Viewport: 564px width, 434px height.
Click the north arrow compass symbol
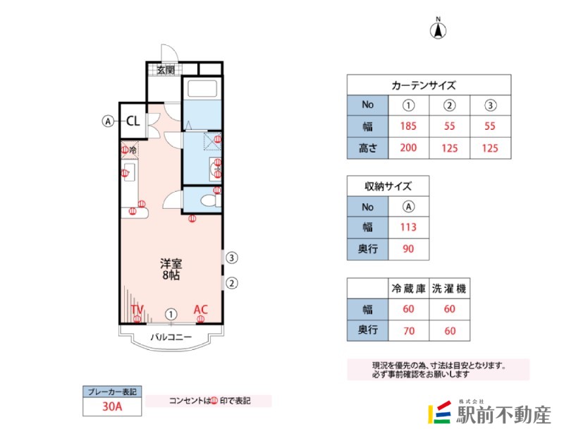tap(438, 29)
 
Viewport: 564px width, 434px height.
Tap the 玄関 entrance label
tap(166, 70)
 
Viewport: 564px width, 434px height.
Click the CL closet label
tap(133, 121)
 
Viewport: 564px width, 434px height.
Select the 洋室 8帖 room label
tap(171, 270)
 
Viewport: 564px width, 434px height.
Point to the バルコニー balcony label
tap(171, 337)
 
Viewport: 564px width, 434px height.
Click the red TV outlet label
tap(137, 309)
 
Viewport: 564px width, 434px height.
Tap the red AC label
tap(201, 309)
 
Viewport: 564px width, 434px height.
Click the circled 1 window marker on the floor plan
tap(171, 315)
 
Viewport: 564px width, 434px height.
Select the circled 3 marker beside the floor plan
tap(232, 258)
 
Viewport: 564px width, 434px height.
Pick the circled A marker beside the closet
tap(108, 121)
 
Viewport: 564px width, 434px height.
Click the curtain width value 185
tap(408, 126)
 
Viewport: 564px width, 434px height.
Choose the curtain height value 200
tap(408, 147)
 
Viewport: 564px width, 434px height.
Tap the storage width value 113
tap(408, 227)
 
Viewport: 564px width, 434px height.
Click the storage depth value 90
tap(408, 249)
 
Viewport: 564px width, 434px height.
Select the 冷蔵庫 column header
tap(408, 289)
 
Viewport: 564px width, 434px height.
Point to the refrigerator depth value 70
tap(409, 331)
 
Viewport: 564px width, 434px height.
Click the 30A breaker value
tap(112, 406)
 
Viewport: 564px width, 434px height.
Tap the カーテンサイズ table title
tap(424, 85)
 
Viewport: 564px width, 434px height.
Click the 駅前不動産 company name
tap(503, 415)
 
